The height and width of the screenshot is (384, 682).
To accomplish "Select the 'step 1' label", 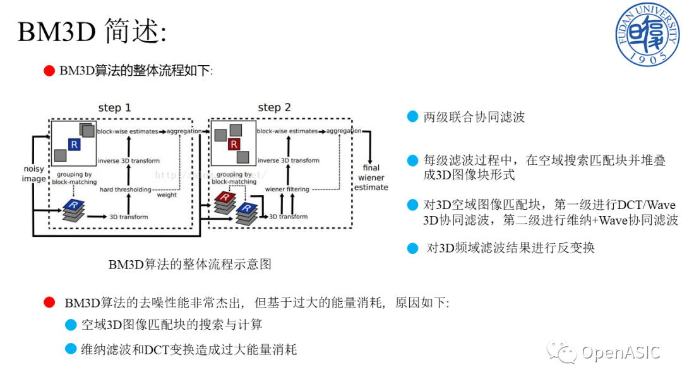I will [114, 108].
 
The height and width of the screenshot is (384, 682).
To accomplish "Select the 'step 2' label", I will [275, 108].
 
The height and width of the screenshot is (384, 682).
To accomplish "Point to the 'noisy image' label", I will [34, 174].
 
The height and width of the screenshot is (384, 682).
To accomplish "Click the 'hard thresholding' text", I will [125, 189].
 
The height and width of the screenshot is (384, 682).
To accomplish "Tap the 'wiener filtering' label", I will [287, 189].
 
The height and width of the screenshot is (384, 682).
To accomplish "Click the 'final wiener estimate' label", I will [371, 177].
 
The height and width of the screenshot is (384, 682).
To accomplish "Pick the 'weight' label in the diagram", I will [167, 195].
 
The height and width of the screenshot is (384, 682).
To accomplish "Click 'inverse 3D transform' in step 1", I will [129, 160].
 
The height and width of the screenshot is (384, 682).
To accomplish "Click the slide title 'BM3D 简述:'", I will [92, 32].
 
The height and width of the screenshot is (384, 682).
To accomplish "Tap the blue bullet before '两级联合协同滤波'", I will [412, 117].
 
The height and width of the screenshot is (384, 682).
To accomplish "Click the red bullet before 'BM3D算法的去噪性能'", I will [50, 303].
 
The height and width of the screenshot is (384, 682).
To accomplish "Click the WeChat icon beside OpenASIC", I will [562, 352].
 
